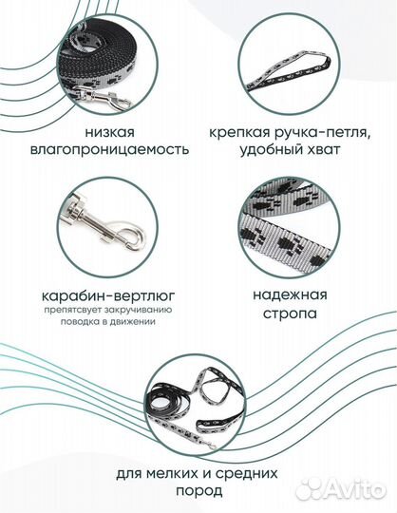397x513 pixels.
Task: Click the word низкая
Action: (x=109, y=132)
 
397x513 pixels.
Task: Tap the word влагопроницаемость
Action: (x=109, y=149)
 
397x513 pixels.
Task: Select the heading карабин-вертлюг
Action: (x=108, y=296)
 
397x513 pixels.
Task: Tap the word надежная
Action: (x=290, y=295)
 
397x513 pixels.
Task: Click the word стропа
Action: (x=290, y=313)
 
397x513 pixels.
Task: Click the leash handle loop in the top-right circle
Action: (x=289, y=69)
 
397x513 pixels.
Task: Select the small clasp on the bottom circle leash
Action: (x=208, y=444)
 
